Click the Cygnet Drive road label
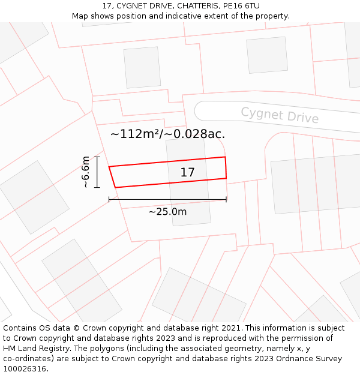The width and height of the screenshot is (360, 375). click(x=280, y=115)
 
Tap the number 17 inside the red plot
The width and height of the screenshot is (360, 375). click(x=187, y=173)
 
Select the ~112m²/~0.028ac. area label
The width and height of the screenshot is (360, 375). click(x=167, y=134)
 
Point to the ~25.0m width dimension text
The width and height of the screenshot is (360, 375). click(x=167, y=211)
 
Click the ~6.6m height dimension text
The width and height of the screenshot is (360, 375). click(x=86, y=172)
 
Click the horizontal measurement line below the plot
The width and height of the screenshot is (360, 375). click(x=167, y=199)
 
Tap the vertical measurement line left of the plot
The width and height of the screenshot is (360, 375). click(x=97, y=172)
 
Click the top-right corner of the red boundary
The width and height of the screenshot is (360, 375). click(x=225, y=157)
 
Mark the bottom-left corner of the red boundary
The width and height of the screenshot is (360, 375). click(x=115, y=187)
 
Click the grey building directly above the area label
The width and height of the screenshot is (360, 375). click(x=142, y=67)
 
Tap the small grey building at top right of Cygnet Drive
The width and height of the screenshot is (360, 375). click(x=267, y=55)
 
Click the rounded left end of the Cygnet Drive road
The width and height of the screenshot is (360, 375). click(x=200, y=110)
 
